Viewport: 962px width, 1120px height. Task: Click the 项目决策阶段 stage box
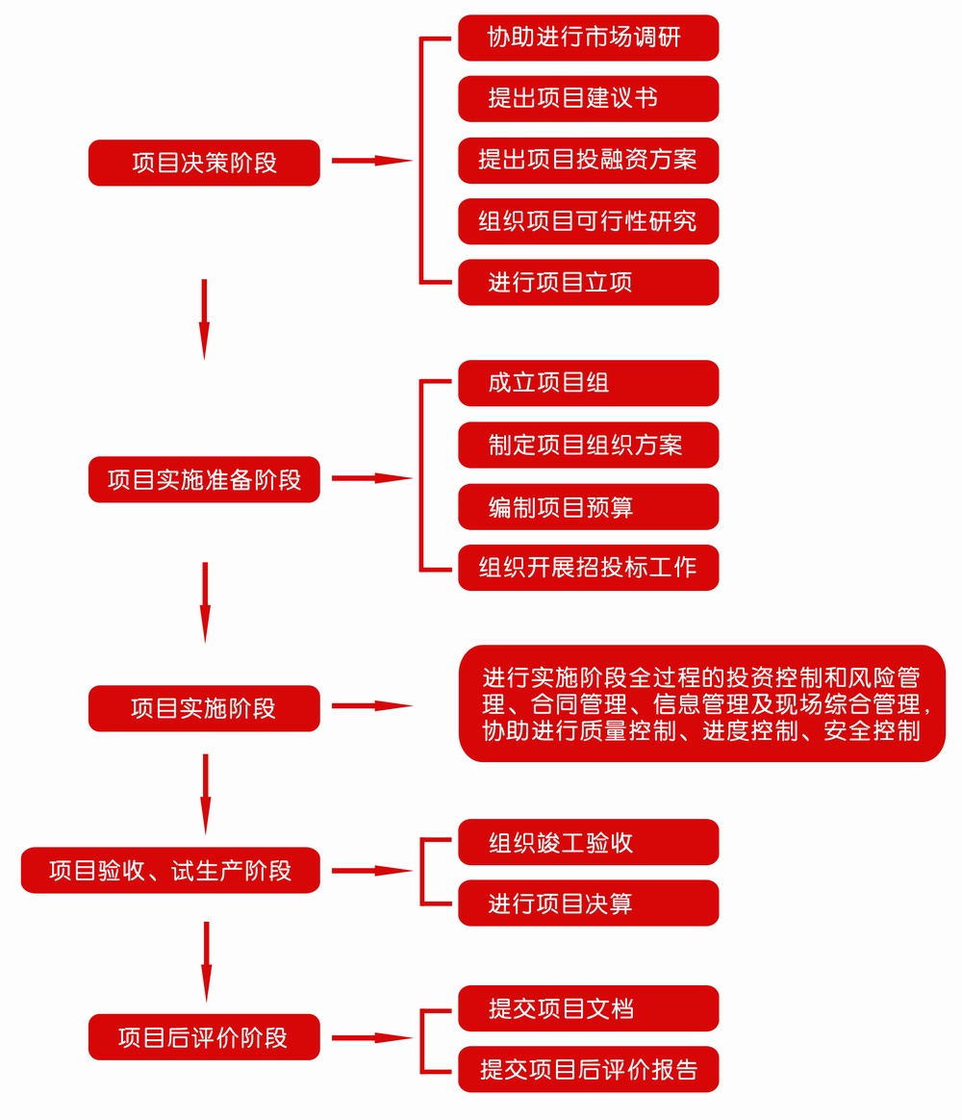coord(204,163)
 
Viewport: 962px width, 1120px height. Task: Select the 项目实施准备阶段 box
coord(204,479)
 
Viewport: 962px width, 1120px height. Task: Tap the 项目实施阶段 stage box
coord(204,708)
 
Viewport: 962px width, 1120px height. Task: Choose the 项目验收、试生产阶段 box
coord(170,870)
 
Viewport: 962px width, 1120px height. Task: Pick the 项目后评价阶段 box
coord(204,1036)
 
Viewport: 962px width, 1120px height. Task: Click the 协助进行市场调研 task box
coord(589,38)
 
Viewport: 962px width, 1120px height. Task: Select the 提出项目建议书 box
coord(589,98)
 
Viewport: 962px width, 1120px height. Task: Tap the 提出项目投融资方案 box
coord(589,160)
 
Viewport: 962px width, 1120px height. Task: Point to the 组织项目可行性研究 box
coord(589,221)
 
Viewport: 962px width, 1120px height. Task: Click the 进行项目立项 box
coord(589,282)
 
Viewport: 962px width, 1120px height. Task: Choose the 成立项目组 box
coord(589,383)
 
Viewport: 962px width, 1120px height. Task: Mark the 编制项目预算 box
coord(589,506)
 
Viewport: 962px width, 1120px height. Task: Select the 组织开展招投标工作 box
coord(589,568)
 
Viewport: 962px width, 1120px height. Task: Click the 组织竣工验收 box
coord(589,842)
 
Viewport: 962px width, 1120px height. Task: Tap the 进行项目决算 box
coord(589,903)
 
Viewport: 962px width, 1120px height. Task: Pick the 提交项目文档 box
coord(589,1007)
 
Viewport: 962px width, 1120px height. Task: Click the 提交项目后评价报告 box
coord(589,1069)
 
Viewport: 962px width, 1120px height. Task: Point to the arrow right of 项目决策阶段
coord(372,161)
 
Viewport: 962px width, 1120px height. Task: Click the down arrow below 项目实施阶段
coord(206,794)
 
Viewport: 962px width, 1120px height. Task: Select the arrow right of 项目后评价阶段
coord(372,1037)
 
